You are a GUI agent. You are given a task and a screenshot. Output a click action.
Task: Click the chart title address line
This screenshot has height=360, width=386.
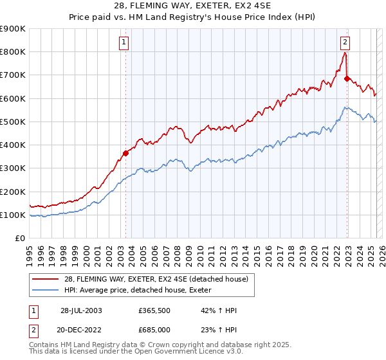pos(192,6)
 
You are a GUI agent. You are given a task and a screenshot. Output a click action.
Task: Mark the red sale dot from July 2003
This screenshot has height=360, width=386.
pos(126,153)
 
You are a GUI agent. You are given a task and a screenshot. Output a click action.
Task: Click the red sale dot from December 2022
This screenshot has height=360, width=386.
pos(347,79)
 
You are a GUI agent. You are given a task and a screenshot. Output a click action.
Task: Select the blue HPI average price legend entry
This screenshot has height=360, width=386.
pos(142,291)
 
